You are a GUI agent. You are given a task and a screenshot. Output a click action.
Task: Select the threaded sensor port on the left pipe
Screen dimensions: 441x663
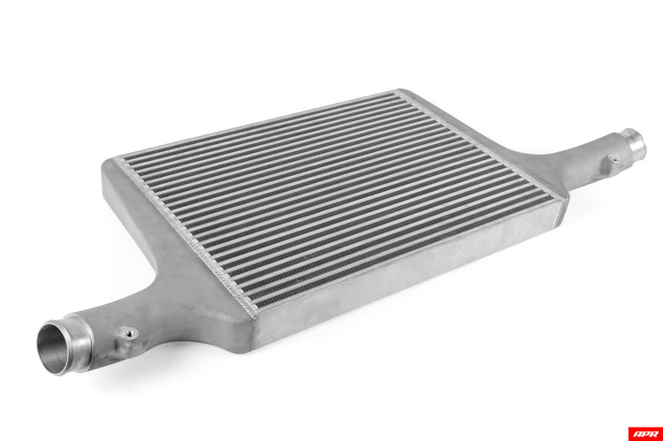tap(130, 334)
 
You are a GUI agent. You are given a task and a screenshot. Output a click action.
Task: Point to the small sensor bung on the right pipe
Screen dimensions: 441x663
tap(613, 161)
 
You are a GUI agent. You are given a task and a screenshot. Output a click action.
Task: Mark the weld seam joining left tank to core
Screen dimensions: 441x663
tap(181, 239)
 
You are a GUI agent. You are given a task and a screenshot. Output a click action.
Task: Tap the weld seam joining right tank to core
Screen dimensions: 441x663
tap(482, 141)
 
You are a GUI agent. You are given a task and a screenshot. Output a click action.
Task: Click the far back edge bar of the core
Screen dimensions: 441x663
tap(256, 125)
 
